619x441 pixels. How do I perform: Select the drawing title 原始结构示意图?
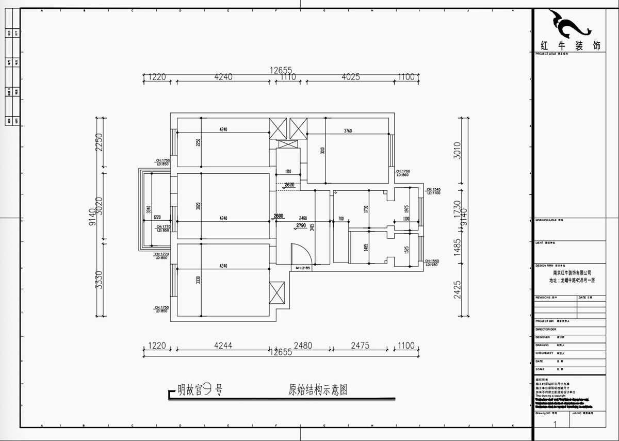(x=318, y=389)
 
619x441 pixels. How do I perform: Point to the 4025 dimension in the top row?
(x=351, y=77)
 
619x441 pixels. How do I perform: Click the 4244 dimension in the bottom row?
(x=223, y=346)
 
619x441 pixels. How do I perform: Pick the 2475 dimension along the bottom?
(x=360, y=346)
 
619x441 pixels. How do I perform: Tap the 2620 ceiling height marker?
(x=289, y=185)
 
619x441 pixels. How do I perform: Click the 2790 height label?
(x=301, y=225)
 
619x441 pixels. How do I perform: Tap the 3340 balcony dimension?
(x=148, y=209)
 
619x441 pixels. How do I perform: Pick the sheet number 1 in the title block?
(x=555, y=424)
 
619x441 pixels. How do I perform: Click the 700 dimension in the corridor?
(x=340, y=219)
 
